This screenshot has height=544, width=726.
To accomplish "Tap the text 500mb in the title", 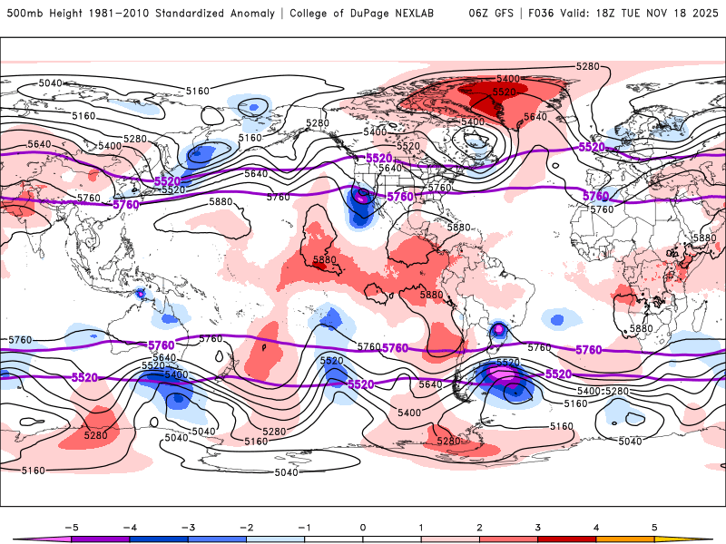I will (23, 14).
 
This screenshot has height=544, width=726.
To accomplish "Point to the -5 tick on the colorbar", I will (71, 526).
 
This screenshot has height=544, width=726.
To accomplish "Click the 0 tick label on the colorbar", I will (363, 526).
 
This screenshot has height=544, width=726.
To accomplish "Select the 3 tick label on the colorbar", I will (538, 526).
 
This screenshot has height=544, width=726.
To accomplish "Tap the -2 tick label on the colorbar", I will (246, 526).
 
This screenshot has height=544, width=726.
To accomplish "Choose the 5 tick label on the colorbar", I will (654, 526).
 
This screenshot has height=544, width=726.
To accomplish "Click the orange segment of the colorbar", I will (625, 539).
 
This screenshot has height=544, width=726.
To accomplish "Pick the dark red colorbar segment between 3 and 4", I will (567, 539).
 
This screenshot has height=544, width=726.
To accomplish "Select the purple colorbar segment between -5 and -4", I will (100, 539).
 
